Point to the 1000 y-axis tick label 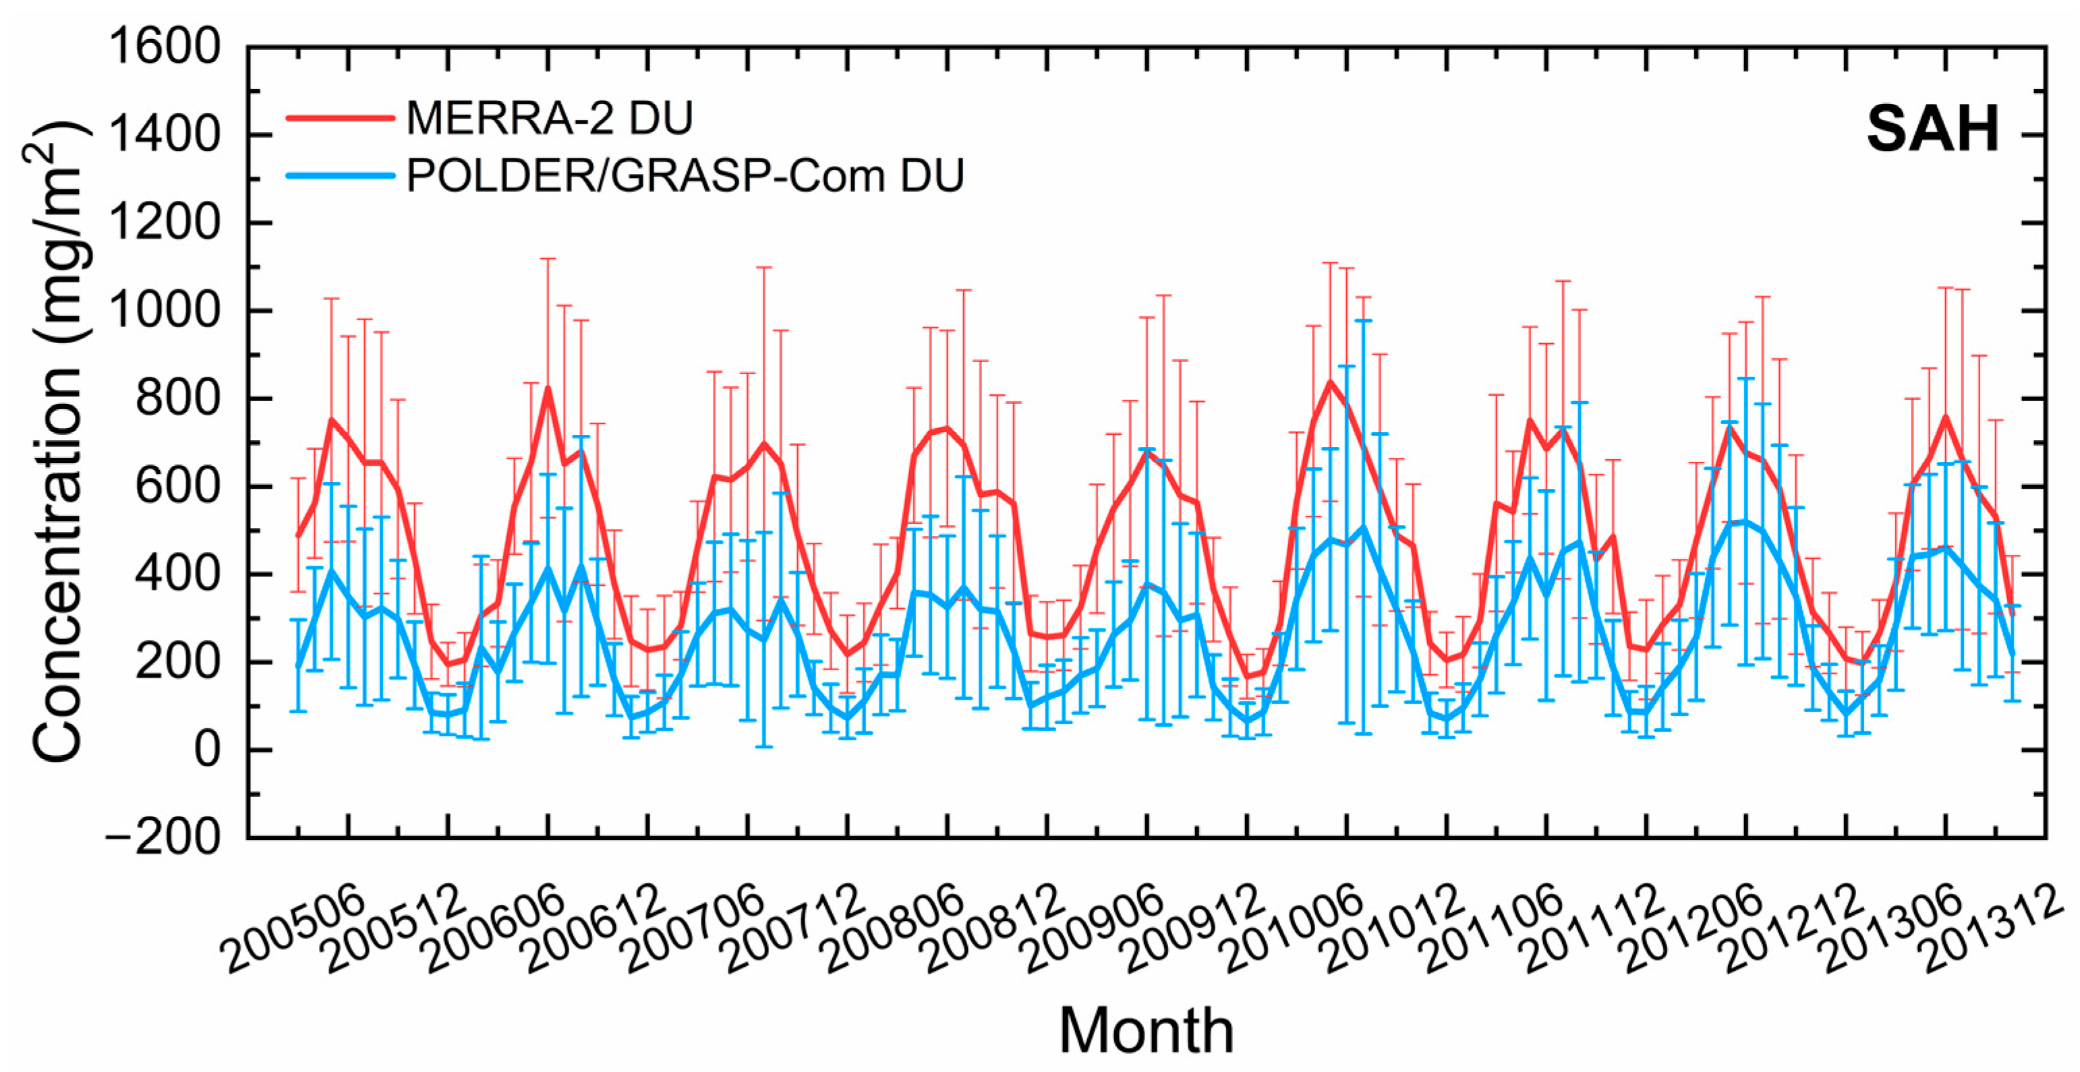(x=163, y=310)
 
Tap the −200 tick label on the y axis (x=161, y=837)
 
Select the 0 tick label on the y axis (x=206, y=750)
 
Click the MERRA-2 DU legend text (x=549, y=119)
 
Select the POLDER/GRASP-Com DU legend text (x=685, y=175)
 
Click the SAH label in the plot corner (x=1932, y=129)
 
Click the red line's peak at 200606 (x=548, y=389)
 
